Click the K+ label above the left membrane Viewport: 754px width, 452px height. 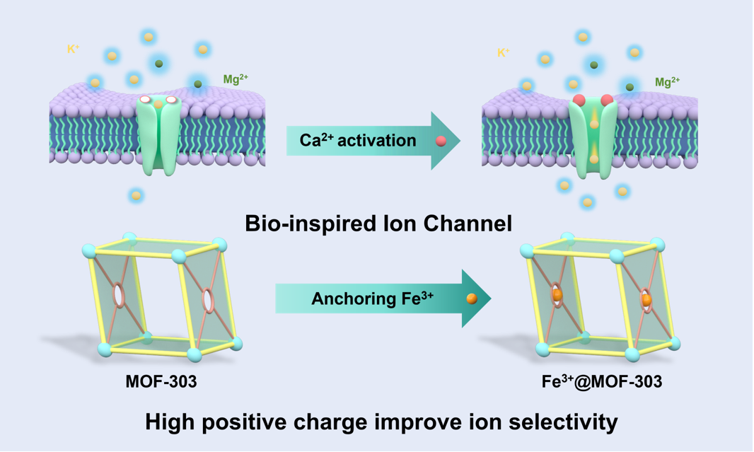[72, 49]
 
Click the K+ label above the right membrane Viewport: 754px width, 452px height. [504, 52]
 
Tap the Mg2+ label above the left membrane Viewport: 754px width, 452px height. [236, 79]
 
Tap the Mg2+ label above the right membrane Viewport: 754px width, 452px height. [667, 83]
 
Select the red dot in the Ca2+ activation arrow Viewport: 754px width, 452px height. [441, 141]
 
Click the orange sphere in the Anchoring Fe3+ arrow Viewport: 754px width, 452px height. [472, 299]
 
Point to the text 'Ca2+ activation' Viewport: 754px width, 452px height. [358, 140]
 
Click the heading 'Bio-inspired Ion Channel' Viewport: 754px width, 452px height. [378, 224]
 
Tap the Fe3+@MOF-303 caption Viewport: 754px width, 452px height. [602, 382]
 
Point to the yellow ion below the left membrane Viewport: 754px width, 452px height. [137, 195]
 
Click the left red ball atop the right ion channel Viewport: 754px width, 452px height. [579, 99]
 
